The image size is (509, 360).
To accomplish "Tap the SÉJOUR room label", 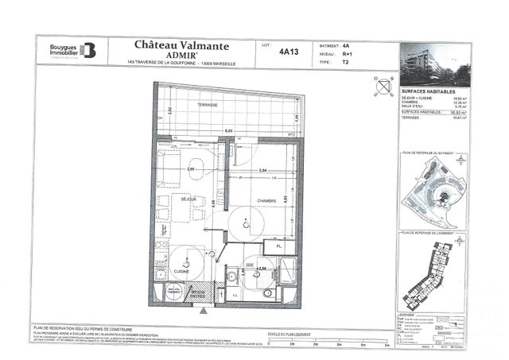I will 188,199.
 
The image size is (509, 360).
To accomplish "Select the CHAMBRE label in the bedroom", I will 266,201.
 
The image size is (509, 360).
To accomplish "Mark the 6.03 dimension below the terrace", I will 228,130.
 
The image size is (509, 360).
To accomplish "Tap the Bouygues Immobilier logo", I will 71,50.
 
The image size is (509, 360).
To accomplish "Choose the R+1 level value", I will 345,53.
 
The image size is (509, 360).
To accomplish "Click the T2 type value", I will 345,61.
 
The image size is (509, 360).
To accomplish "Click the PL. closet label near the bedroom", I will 280,246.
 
